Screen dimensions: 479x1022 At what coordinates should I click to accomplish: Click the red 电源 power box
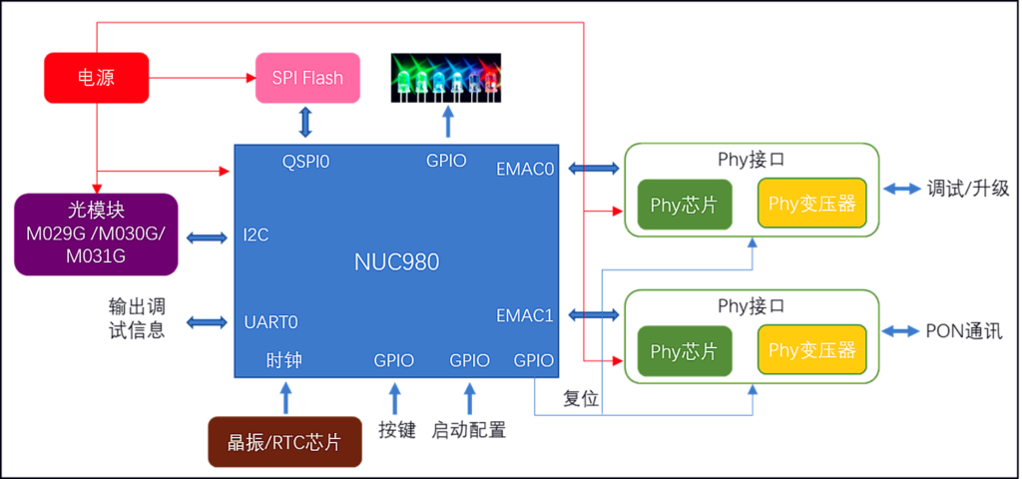pyautogui.click(x=96, y=78)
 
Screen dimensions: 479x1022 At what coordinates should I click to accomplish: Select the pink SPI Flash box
pyautogui.click(x=307, y=78)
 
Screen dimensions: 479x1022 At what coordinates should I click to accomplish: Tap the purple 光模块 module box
pyautogui.click(x=96, y=235)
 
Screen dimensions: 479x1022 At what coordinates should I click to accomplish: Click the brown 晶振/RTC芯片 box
pyautogui.click(x=284, y=442)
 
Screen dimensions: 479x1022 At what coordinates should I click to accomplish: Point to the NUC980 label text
pyautogui.click(x=396, y=262)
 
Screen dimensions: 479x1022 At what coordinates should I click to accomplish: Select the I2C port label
pyautogui.click(x=256, y=237)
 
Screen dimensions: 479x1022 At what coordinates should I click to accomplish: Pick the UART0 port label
pyautogui.click(x=270, y=322)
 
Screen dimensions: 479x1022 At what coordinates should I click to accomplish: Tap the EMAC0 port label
pyautogui.click(x=525, y=169)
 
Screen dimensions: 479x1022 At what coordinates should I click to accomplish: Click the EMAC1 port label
pyautogui.click(x=525, y=315)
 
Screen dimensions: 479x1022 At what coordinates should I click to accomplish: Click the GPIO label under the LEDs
pyautogui.click(x=446, y=160)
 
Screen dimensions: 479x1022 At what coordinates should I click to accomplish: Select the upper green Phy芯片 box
pyautogui.click(x=684, y=206)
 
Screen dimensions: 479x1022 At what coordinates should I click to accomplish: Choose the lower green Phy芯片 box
pyautogui.click(x=684, y=351)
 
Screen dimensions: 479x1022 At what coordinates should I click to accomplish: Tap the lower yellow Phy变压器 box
pyautogui.click(x=811, y=350)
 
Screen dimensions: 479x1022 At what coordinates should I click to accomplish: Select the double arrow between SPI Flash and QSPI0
pyautogui.click(x=305, y=122)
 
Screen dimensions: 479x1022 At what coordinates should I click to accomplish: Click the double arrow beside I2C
pyautogui.click(x=207, y=238)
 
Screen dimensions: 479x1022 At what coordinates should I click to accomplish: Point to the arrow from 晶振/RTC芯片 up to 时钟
pyautogui.click(x=286, y=397)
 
